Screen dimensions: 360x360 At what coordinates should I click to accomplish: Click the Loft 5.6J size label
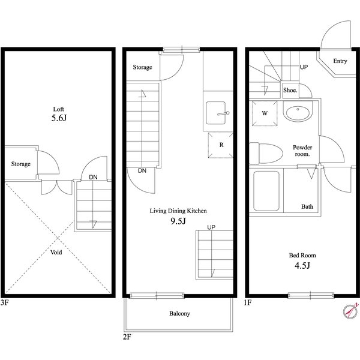pyautogui.click(x=59, y=119)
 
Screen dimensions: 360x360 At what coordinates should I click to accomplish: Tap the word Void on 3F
pyautogui.click(x=55, y=253)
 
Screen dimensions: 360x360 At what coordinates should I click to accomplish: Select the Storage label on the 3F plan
pyautogui.click(x=20, y=164)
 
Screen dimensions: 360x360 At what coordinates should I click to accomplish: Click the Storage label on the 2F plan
pyautogui.click(x=142, y=67)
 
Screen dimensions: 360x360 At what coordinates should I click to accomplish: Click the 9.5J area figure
pyautogui.click(x=178, y=221)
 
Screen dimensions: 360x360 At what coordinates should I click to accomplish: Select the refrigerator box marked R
pyautogui.click(x=221, y=145)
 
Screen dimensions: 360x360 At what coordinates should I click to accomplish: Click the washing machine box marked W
pyautogui.click(x=264, y=113)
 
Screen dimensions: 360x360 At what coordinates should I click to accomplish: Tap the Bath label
pyautogui.click(x=307, y=207)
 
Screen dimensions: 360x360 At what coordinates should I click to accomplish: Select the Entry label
pyautogui.click(x=340, y=61)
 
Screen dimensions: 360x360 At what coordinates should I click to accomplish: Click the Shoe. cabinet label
pyautogui.click(x=290, y=89)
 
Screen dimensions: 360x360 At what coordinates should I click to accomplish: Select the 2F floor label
pyautogui.click(x=127, y=338)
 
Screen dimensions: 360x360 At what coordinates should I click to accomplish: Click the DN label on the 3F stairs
pyautogui.click(x=94, y=178)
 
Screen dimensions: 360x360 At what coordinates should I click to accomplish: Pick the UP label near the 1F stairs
pyautogui.click(x=304, y=67)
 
